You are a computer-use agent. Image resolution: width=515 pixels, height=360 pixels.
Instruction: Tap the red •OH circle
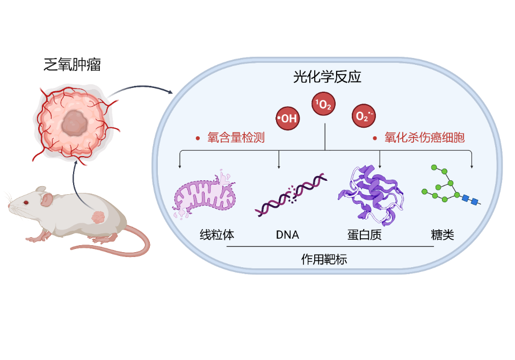click(x=287, y=118)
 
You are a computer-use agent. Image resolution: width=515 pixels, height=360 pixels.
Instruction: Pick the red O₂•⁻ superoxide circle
click(x=364, y=116)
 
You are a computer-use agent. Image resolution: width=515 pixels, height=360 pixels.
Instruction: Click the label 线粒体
click(x=217, y=235)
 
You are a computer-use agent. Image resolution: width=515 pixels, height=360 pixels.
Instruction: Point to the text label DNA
click(x=287, y=235)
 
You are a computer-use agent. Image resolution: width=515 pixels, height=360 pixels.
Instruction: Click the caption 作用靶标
click(x=324, y=260)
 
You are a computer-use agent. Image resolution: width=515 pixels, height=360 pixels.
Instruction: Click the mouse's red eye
click(x=25, y=202)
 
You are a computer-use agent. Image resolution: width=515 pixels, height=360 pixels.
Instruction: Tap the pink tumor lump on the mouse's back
click(x=98, y=217)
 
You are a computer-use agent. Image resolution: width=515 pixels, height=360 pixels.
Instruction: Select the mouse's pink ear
click(x=47, y=200)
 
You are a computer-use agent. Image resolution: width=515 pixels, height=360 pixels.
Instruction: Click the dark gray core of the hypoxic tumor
click(x=74, y=124)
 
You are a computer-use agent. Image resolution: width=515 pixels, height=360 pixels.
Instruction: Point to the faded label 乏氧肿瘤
click(x=72, y=65)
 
